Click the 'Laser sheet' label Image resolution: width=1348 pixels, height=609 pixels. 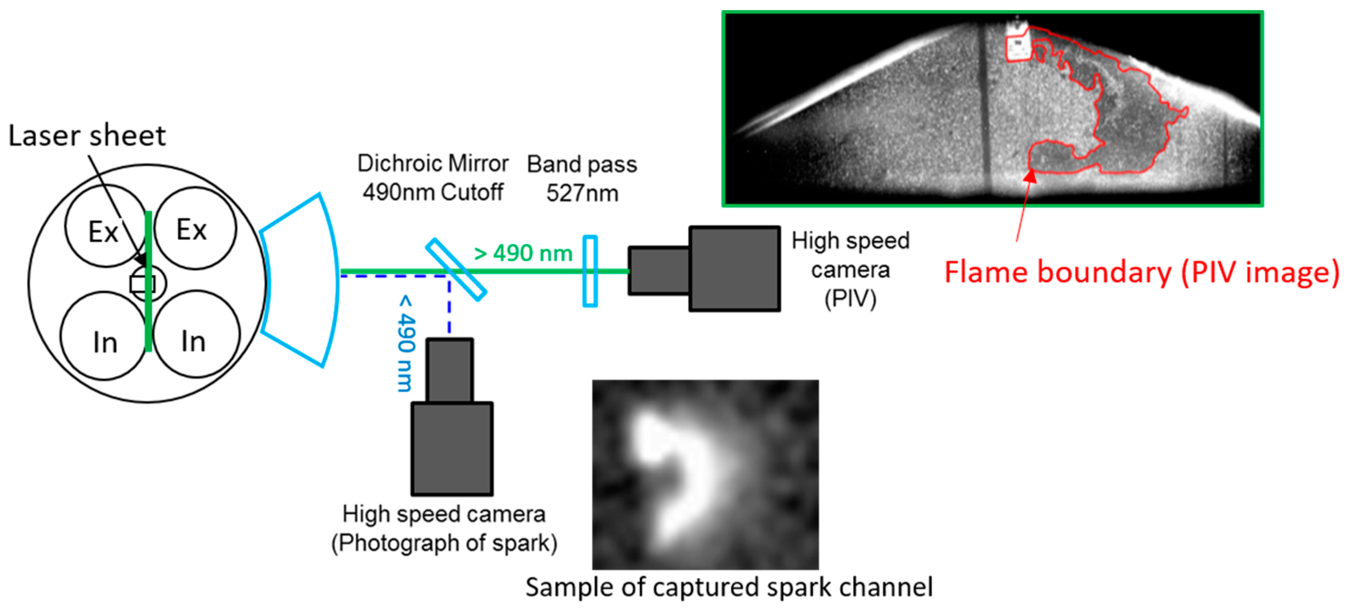pyautogui.click(x=87, y=136)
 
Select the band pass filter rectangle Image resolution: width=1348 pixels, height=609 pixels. pyautogui.click(x=590, y=271)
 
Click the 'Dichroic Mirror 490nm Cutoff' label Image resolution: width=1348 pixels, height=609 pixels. pyautogui.click(x=433, y=178)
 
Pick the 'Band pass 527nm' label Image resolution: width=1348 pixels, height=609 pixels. pyautogui.click(x=582, y=178)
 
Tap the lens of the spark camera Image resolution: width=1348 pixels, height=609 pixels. pyautogui.click(x=449, y=370)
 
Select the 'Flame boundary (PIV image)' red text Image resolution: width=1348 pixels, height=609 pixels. pyautogui.click(x=1141, y=272)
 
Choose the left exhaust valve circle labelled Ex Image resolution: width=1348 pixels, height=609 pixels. pyautogui.click(x=105, y=226)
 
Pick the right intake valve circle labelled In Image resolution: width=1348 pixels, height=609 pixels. pyautogui.click(x=196, y=335)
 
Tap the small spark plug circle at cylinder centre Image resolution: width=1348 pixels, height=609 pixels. pyautogui.click(x=148, y=283)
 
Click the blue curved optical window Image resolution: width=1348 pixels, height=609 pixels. pyautogui.click(x=301, y=280)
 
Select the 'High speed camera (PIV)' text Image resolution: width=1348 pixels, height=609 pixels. pyautogui.click(x=850, y=269)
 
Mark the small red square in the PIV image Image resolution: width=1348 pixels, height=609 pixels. pyautogui.click(x=1018, y=48)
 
